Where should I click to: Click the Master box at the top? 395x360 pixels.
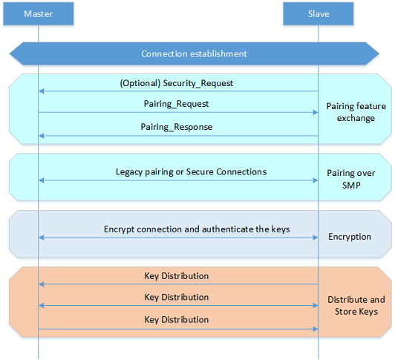[39, 13]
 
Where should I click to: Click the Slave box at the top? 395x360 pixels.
[319, 13]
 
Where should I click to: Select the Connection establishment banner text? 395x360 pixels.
[194, 53]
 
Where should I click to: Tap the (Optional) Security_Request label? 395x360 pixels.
[177, 83]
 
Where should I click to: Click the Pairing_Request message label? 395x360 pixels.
[176, 104]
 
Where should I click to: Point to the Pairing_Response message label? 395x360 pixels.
[177, 127]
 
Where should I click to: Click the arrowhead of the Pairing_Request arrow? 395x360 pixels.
[316, 112]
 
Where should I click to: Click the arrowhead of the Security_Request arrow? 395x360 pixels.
[42, 91]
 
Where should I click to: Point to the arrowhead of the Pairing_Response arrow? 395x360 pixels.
[42, 136]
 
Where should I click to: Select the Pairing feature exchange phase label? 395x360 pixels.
[356, 112]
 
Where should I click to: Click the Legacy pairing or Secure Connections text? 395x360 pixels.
[191, 171]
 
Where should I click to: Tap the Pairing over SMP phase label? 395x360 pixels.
[351, 179]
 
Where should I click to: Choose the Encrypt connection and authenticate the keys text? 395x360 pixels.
[197, 229]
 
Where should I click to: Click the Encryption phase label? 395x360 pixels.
[350, 237]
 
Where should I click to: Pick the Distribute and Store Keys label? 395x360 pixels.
[356, 305]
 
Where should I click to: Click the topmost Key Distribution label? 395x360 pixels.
[177, 276]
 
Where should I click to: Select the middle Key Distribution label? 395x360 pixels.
[177, 297]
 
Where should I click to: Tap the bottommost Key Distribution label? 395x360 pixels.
[177, 319]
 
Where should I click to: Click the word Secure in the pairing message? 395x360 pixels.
[200, 171]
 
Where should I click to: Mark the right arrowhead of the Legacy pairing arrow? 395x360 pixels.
[316, 180]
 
